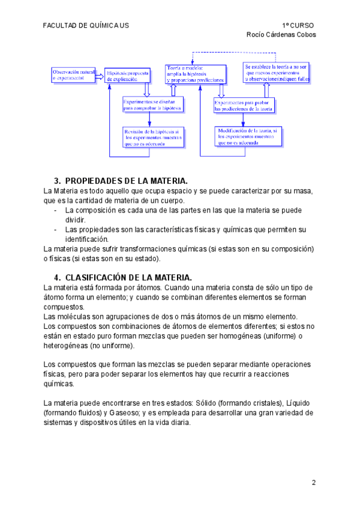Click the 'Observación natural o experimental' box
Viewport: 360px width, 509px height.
click(x=73, y=74)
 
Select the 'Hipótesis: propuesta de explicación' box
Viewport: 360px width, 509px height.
click(x=127, y=75)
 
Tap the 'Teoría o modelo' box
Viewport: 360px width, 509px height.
click(x=196, y=73)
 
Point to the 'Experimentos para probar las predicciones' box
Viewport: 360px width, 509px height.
click(x=244, y=106)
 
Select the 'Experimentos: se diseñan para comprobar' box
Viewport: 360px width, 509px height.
click(x=153, y=104)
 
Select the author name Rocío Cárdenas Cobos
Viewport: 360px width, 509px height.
click(x=281, y=34)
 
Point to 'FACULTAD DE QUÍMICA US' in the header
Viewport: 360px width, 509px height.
click(x=86, y=25)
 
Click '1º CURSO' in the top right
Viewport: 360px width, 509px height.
click(x=298, y=25)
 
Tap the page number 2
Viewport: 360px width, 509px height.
click(x=313, y=482)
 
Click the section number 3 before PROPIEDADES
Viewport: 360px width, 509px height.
click(x=57, y=181)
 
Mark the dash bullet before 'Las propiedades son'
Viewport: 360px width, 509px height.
click(x=56, y=229)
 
